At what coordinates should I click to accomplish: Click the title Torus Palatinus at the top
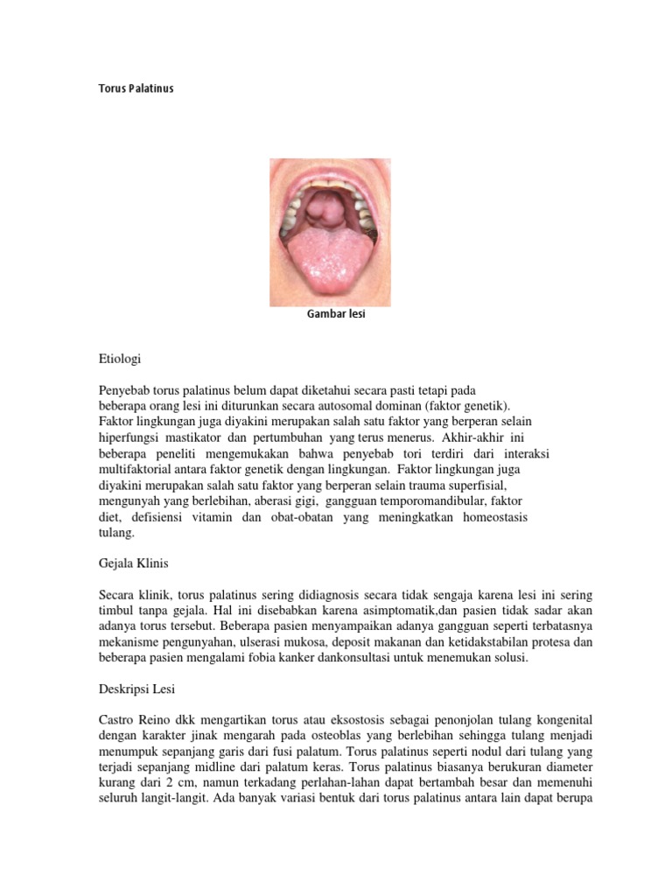point(136,88)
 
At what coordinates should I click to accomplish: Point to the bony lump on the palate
point(324,210)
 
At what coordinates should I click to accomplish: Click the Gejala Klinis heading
point(140,563)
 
